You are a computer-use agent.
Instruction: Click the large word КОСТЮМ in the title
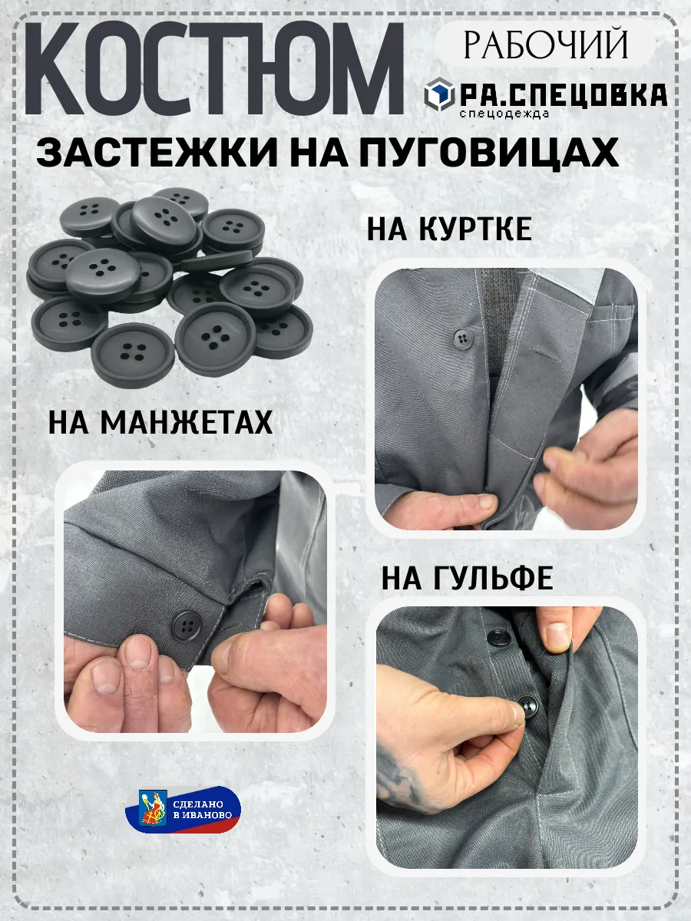tap(214, 69)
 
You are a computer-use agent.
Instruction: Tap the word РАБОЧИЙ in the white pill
tap(545, 45)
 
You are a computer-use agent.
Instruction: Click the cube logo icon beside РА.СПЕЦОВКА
tap(439, 94)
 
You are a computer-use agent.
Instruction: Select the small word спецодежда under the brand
tap(504, 114)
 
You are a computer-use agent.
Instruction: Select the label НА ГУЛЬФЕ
tap(467, 578)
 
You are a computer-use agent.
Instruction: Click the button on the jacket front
tap(463, 338)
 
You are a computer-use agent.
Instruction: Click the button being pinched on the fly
tap(527, 707)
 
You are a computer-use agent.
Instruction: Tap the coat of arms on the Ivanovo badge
tap(153, 808)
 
